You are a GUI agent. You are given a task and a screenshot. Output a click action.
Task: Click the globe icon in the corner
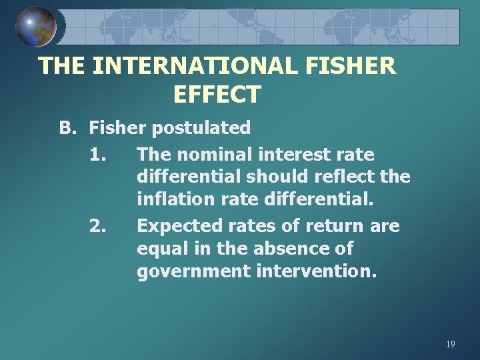[x=35, y=27]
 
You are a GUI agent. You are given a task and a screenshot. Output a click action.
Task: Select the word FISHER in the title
[x=354, y=66]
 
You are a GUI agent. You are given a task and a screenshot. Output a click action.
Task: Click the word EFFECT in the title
[x=217, y=95]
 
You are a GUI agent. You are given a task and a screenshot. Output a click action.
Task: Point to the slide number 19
[x=450, y=344]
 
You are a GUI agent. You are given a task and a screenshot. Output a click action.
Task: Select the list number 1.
[x=97, y=155]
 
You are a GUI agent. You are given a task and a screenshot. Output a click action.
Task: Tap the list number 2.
[x=97, y=226]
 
